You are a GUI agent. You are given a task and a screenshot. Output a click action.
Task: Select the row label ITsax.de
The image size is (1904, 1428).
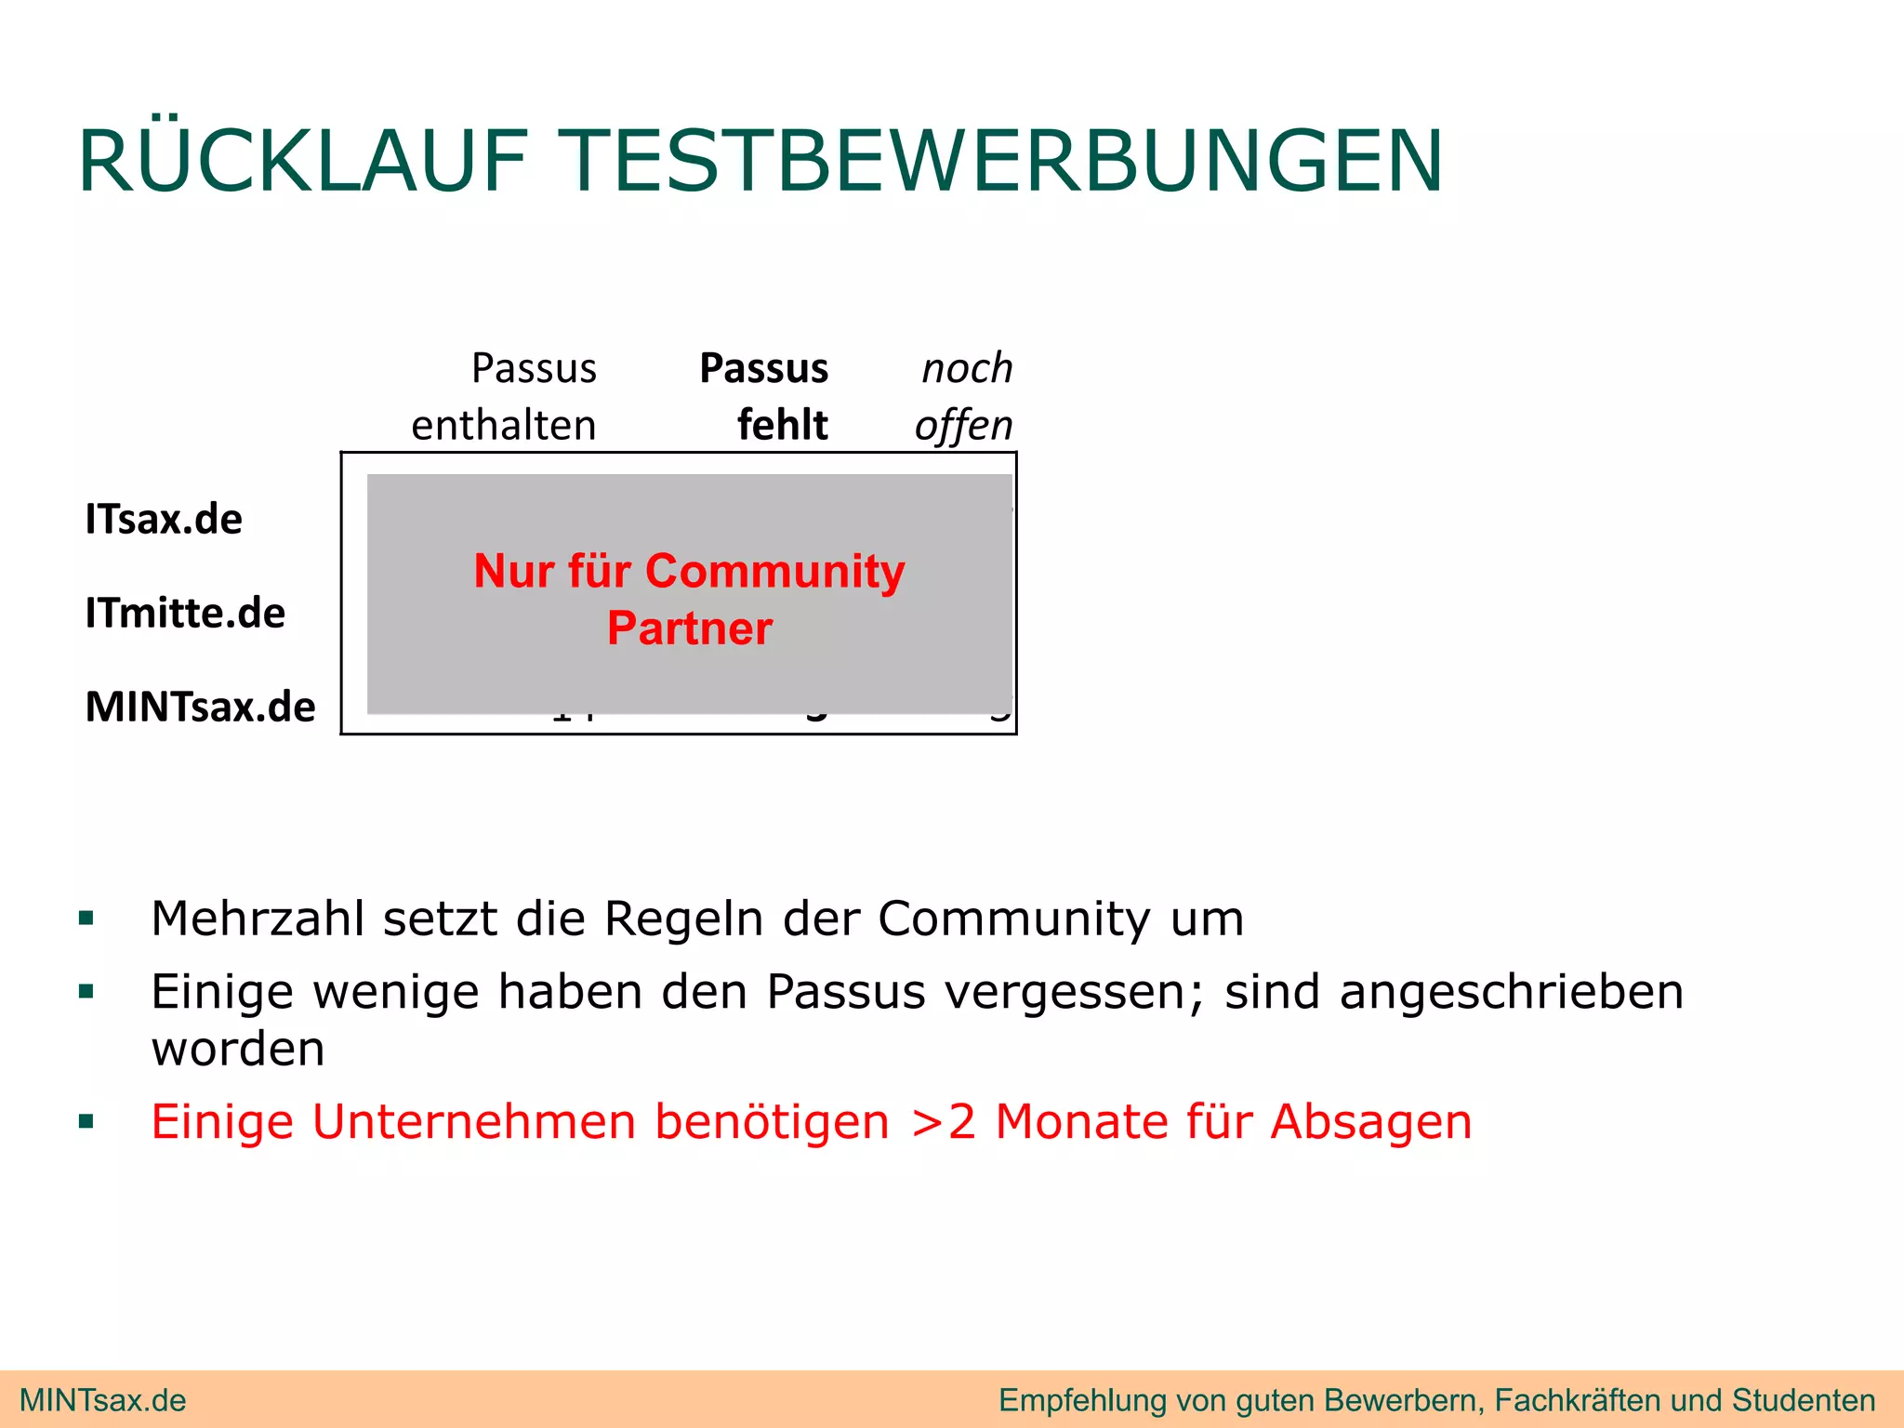coord(164,519)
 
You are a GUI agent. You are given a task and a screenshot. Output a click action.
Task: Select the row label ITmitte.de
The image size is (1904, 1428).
coord(185,613)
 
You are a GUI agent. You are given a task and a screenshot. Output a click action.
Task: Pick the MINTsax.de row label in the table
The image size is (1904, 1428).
coord(201,707)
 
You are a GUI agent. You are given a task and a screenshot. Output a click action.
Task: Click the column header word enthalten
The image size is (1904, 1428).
coord(504,425)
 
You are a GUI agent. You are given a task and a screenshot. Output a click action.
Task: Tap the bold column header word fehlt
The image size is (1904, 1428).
coord(782,425)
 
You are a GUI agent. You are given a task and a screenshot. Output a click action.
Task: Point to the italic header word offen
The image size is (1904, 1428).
coord(963,425)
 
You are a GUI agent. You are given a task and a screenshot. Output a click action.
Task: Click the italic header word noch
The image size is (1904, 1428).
coord(967,368)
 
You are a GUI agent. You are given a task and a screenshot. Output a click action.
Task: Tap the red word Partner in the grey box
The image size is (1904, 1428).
coord(690,628)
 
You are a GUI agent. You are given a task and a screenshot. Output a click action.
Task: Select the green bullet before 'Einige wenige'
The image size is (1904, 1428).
coord(87,992)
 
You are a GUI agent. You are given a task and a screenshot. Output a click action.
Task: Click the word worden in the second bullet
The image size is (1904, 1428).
coord(238,1049)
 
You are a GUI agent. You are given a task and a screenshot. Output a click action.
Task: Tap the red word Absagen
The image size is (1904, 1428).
coord(1371,1121)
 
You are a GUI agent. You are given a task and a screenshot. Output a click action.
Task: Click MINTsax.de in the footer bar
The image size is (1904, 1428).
coord(103,1400)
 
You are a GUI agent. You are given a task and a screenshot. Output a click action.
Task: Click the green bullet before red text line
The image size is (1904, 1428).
coord(87,1121)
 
